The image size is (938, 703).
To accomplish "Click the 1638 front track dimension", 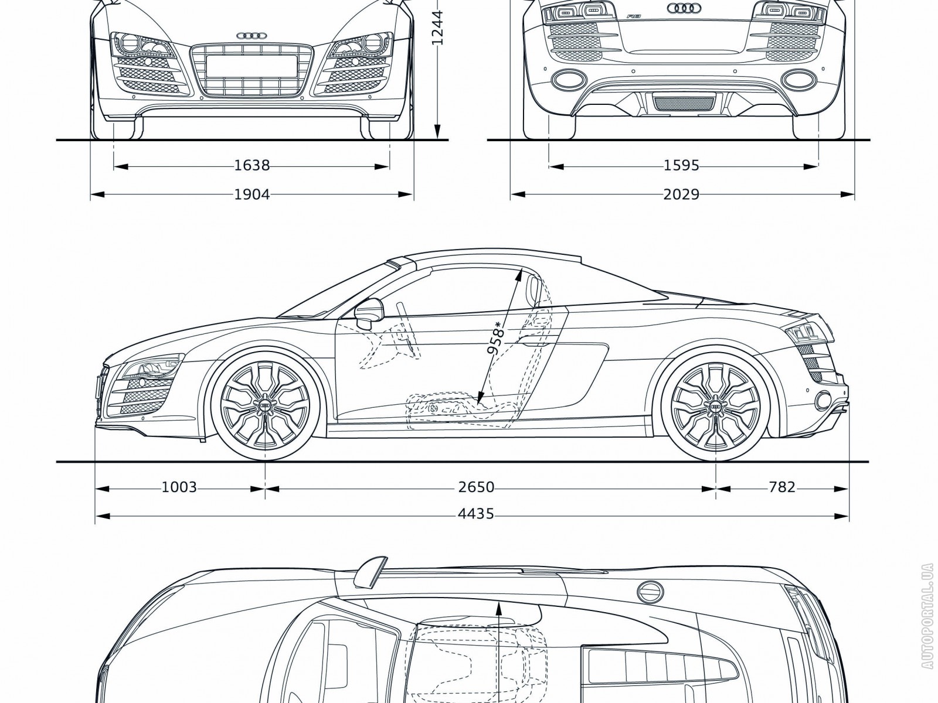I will click(x=252, y=166).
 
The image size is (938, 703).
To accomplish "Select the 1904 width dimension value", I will click(x=252, y=194).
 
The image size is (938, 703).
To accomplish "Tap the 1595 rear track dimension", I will click(x=681, y=166).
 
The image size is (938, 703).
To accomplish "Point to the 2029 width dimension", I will click(x=681, y=194).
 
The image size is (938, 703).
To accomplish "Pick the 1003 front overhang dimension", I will click(x=179, y=487).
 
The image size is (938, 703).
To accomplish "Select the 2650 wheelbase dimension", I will click(x=477, y=487).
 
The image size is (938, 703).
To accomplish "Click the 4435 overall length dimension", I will click(x=477, y=515).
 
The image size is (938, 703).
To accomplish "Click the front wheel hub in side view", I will click(x=266, y=406).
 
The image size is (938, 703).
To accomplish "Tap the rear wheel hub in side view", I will click(x=715, y=406).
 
